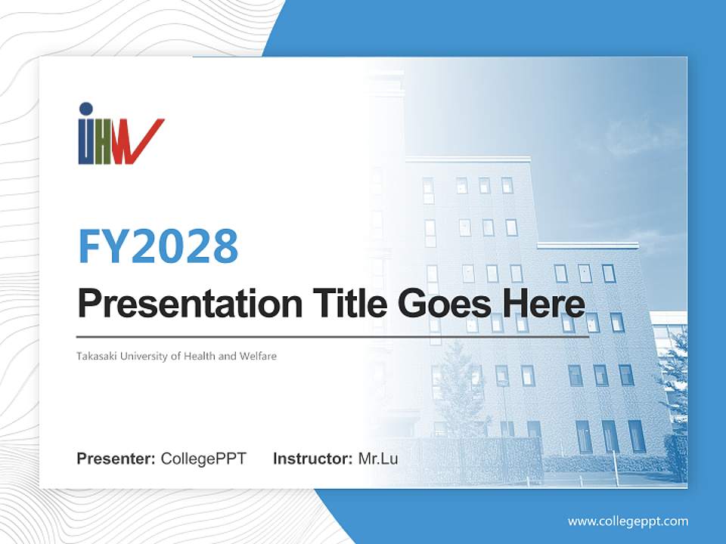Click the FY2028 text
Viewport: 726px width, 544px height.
(158, 246)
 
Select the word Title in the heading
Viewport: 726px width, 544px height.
(346, 304)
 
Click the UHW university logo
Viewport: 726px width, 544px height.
(120, 134)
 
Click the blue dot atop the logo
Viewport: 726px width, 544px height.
(85, 109)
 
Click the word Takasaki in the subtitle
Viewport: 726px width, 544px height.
(96, 356)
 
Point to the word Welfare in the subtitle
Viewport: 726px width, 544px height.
(258, 356)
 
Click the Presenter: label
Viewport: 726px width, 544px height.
(116, 459)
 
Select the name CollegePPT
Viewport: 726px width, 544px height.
(203, 459)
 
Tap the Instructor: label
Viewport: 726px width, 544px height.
(312, 459)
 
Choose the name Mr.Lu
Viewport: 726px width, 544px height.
(378, 459)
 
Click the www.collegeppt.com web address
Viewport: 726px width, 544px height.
(628, 521)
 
